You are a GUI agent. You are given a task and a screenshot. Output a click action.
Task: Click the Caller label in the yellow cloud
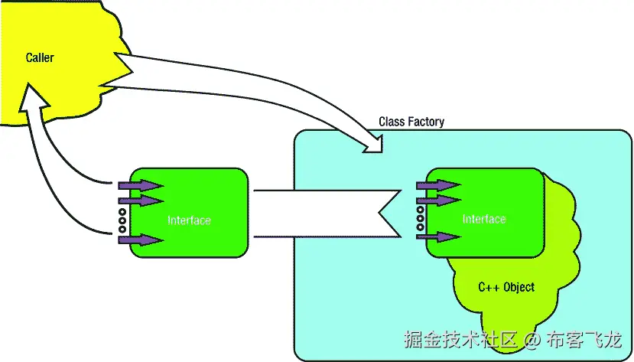pyautogui.click(x=40, y=57)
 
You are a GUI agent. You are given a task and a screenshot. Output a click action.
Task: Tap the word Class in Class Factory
pyautogui.click(x=392, y=122)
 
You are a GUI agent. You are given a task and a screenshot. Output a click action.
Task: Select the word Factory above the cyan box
pyautogui.click(x=427, y=122)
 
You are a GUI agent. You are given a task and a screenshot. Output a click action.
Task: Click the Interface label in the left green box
pyautogui.click(x=189, y=220)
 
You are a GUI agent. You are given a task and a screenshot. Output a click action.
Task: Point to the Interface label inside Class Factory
pyautogui.click(x=484, y=220)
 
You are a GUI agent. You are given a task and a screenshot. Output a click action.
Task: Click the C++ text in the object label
pyautogui.click(x=489, y=288)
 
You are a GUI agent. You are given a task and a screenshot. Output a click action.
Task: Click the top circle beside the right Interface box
pyautogui.click(x=420, y=210)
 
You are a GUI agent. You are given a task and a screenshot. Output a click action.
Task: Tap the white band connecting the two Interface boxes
pyautogui.click(x=321, y=212)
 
